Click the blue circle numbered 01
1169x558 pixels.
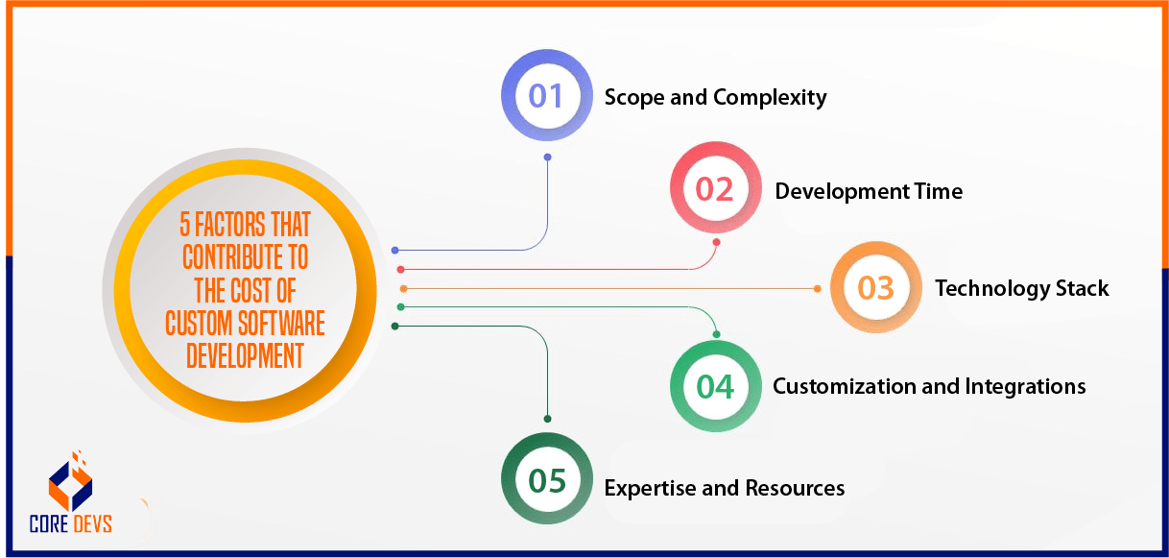[x=547, y=96]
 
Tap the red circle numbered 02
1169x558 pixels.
[x=715, y=188]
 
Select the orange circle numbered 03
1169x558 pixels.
[x=875, y=287]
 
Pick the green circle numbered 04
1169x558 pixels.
[x=715, y=386]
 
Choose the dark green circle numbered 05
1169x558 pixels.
[x=547, y=479]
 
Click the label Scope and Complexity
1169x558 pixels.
[x=715, y=97]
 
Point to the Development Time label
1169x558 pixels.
[x=869, y=191]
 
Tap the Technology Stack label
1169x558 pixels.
[x=1022, y=288]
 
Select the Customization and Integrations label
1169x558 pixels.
[x=929, y=386]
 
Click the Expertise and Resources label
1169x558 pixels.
[x=725, y=488]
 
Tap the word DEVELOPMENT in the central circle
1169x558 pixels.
[x=245, y=355]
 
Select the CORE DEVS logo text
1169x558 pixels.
[x=70, y=523]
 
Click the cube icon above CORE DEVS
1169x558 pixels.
[x=70, y=480]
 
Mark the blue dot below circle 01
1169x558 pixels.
[x=548, y=158]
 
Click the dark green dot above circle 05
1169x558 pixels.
[x=548, y=419]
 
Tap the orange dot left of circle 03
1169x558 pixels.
[x=818, y=288]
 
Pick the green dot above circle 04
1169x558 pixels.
[x=716, y=334]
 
